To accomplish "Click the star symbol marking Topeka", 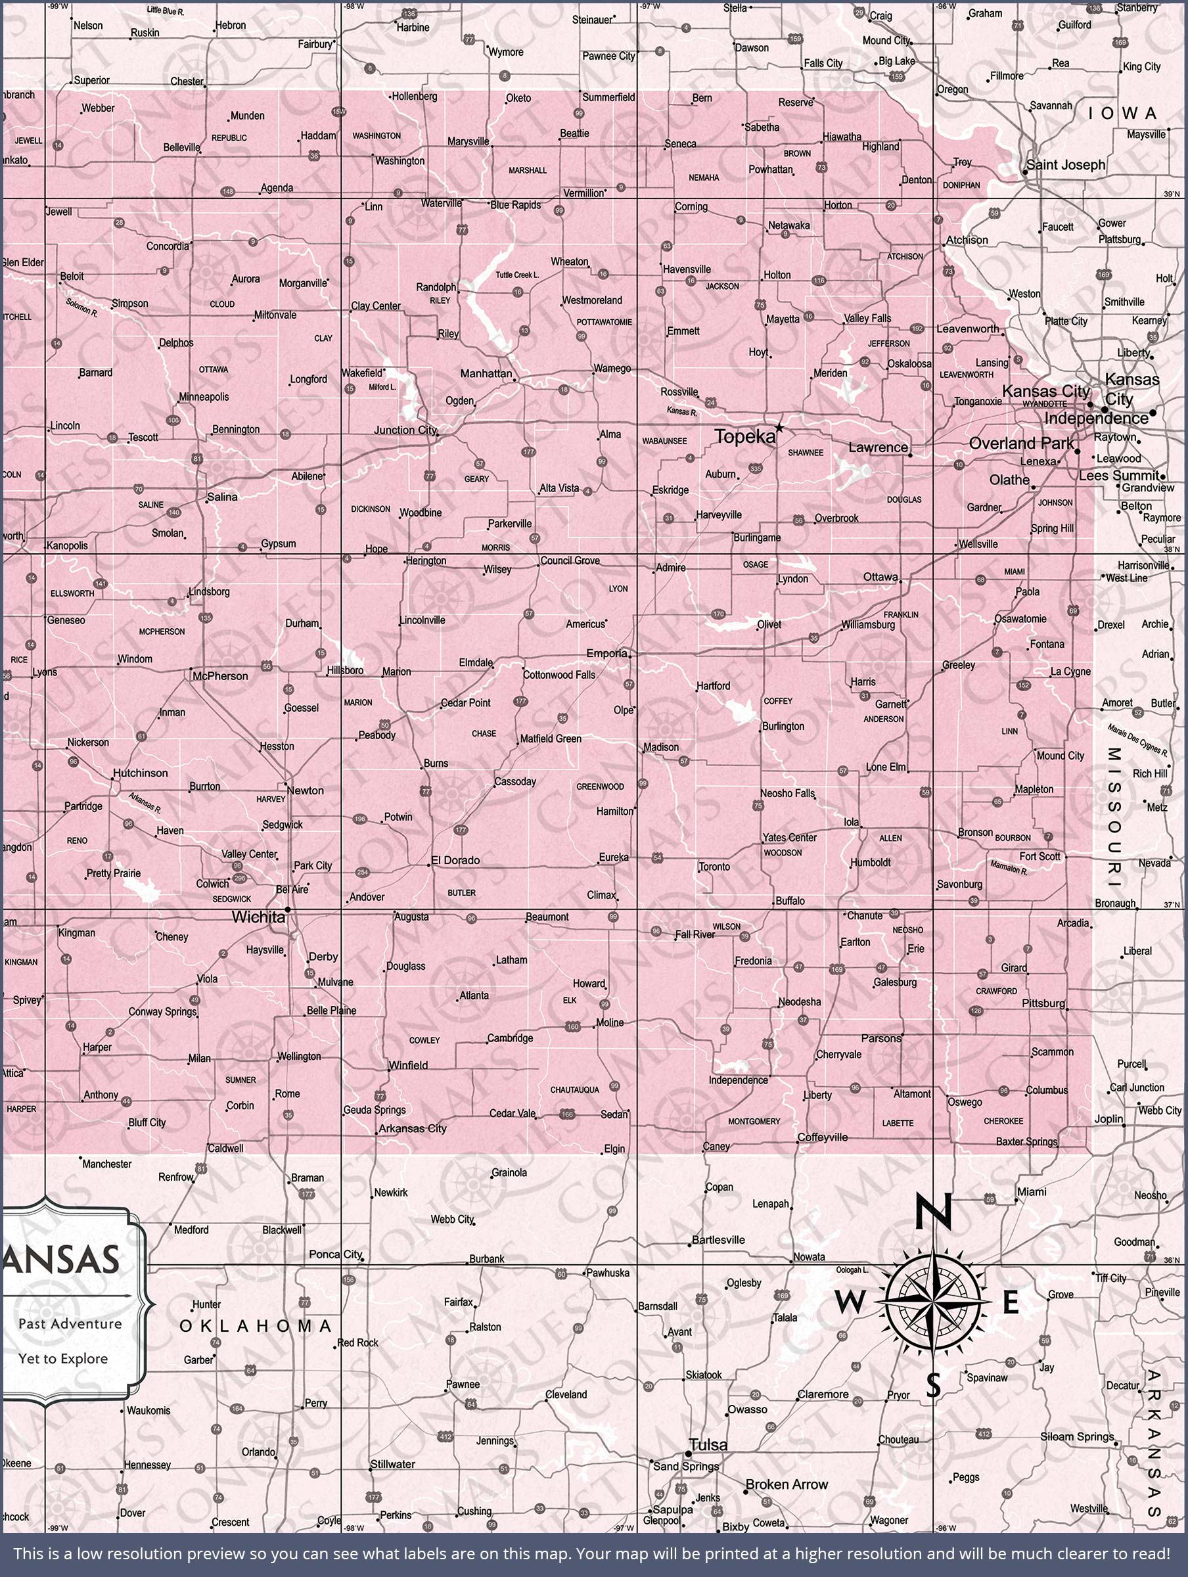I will click(779, 428).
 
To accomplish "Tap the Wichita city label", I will click(258, 917).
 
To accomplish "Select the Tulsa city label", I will click(709, 1444).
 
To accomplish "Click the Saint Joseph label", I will click(1065, 165).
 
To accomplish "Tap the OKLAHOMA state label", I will click(256, 1326).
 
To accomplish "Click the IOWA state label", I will click(1122, 114).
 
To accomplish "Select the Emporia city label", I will click(607, 653).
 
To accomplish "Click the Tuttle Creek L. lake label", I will click(518, 275).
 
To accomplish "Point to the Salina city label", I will click(223, 497).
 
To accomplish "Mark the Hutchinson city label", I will click(141, 773).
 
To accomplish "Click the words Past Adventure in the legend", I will click(70, 1324).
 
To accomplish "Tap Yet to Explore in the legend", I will click(64, 1359).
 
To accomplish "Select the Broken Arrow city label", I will click(787, 1484).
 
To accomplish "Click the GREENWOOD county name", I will click(600, 787).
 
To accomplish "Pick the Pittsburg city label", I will click(1043, 1003).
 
